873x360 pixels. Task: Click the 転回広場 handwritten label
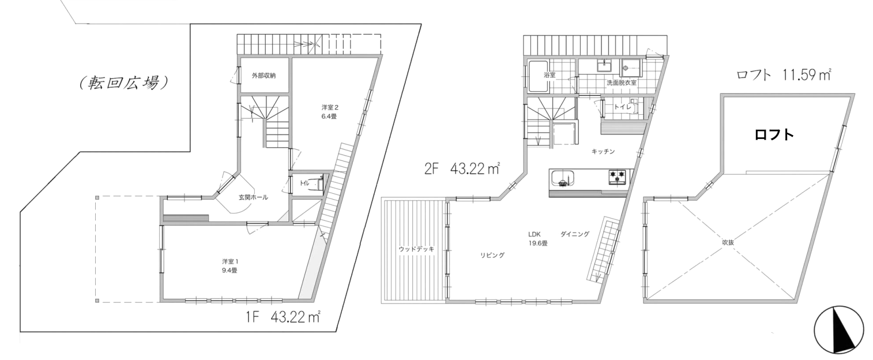123,82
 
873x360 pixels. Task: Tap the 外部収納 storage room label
264,76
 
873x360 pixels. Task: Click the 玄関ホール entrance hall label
253,197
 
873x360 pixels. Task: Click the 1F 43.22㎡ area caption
283,317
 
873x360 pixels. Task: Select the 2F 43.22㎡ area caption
462,169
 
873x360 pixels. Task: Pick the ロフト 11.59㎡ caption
784,75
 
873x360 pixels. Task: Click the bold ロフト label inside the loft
774,135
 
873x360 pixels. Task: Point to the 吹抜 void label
728,242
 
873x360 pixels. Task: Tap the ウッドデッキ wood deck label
416,249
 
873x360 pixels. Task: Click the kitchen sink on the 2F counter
562,179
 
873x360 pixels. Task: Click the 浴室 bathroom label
550,75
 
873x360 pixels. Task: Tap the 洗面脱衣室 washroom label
622,82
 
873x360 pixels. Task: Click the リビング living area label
492,255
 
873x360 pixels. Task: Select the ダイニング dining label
575,234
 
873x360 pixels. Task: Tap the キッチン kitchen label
603,151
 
